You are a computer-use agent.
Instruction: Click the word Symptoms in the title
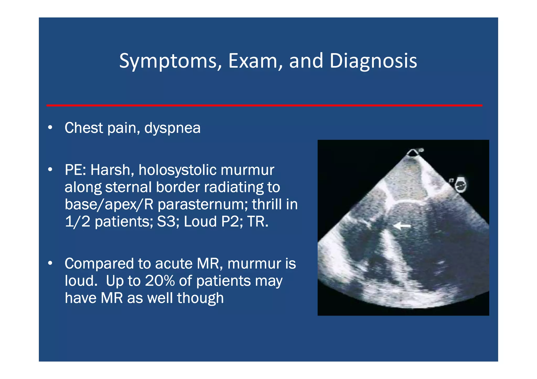click(x=168, y=61)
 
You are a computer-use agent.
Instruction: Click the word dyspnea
click(x=172, y=128)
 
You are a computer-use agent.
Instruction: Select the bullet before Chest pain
click(x=50, y=128)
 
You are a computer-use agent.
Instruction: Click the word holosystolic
click(x=177, y=170)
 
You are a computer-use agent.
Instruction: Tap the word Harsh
click(x=112, y=170)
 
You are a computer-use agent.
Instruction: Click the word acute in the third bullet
click(x=174, y=263)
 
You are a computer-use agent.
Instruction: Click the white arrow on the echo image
click(x=402, y=225)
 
